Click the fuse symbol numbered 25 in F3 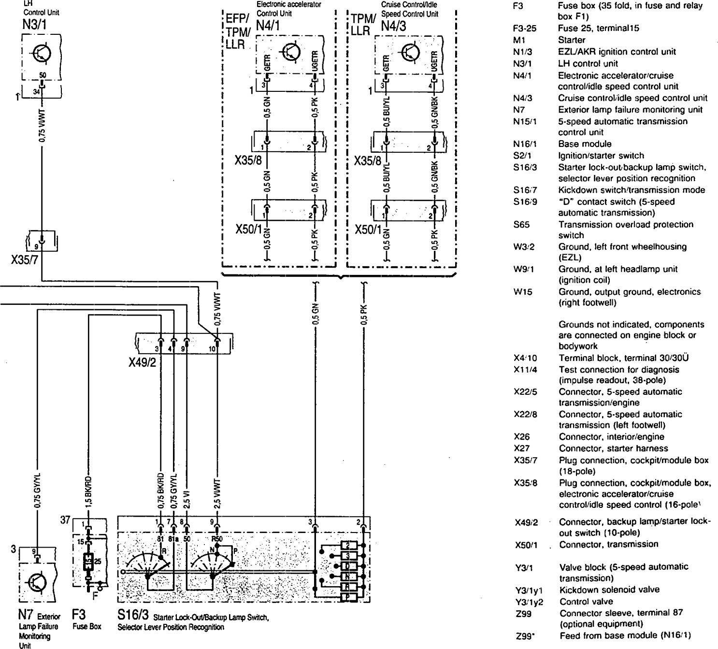(x=89, y=562)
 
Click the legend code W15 (x=522, y=292)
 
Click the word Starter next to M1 (x=572, y=40)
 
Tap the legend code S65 (x=520, y=224)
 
